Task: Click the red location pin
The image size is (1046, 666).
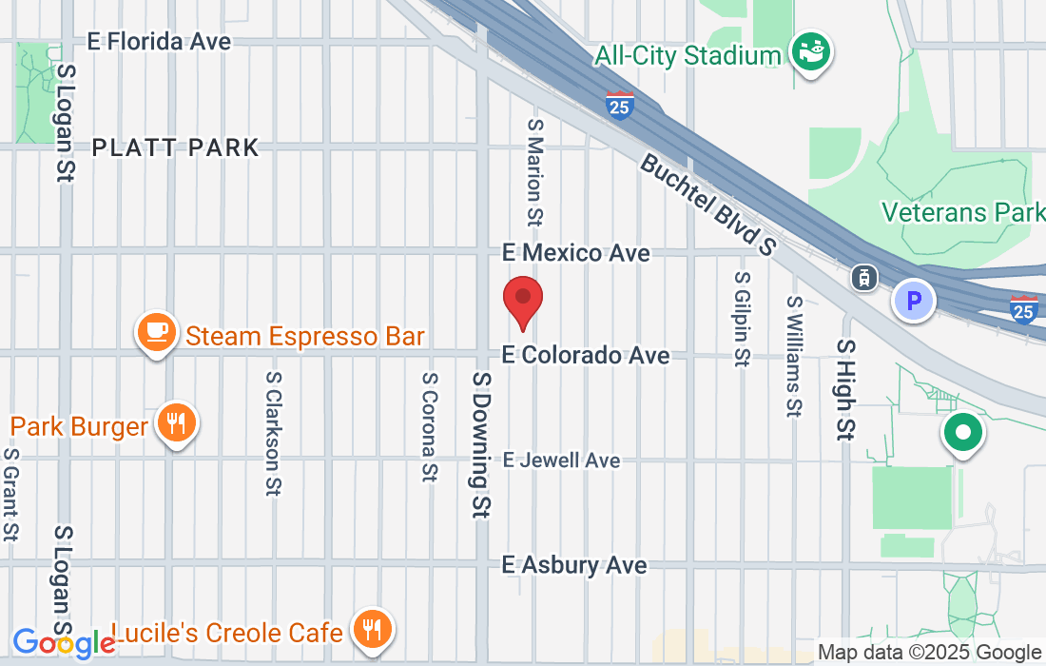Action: pyautogui.click(x=522, y=300)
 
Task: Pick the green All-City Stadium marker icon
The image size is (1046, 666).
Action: pyautogui.click(x=811, y=50)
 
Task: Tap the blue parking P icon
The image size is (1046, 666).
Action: pyautogui.click(x=914, y=302)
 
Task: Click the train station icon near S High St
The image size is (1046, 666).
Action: pyautogui.click(x=863, y=277)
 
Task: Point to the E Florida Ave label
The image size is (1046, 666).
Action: pyautogui.click(x=159, y=42)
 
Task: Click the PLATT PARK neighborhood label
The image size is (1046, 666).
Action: pyautogui.click(x=176, y=147)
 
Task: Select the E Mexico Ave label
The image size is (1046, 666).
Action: pyautogui.click(x=576, y=253)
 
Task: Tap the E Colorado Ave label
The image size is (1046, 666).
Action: pyautogui.click(x=586, y=355)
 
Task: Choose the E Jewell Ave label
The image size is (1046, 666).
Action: pyautogui.click(x=561, y=460)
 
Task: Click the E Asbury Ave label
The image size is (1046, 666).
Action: pyautogui.click(x=574, y=565)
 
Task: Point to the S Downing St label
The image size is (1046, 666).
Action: pyautogui.click(x=481, y=443)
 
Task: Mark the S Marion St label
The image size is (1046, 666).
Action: pyautogui.click(x=534, y=172)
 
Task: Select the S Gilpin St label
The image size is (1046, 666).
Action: pyautogui.click(x=741, y=318)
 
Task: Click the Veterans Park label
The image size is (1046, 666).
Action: pyautogui.click(x=962, y=211)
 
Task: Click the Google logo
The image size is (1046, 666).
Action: pyautogui.click(x=63, y=643)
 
